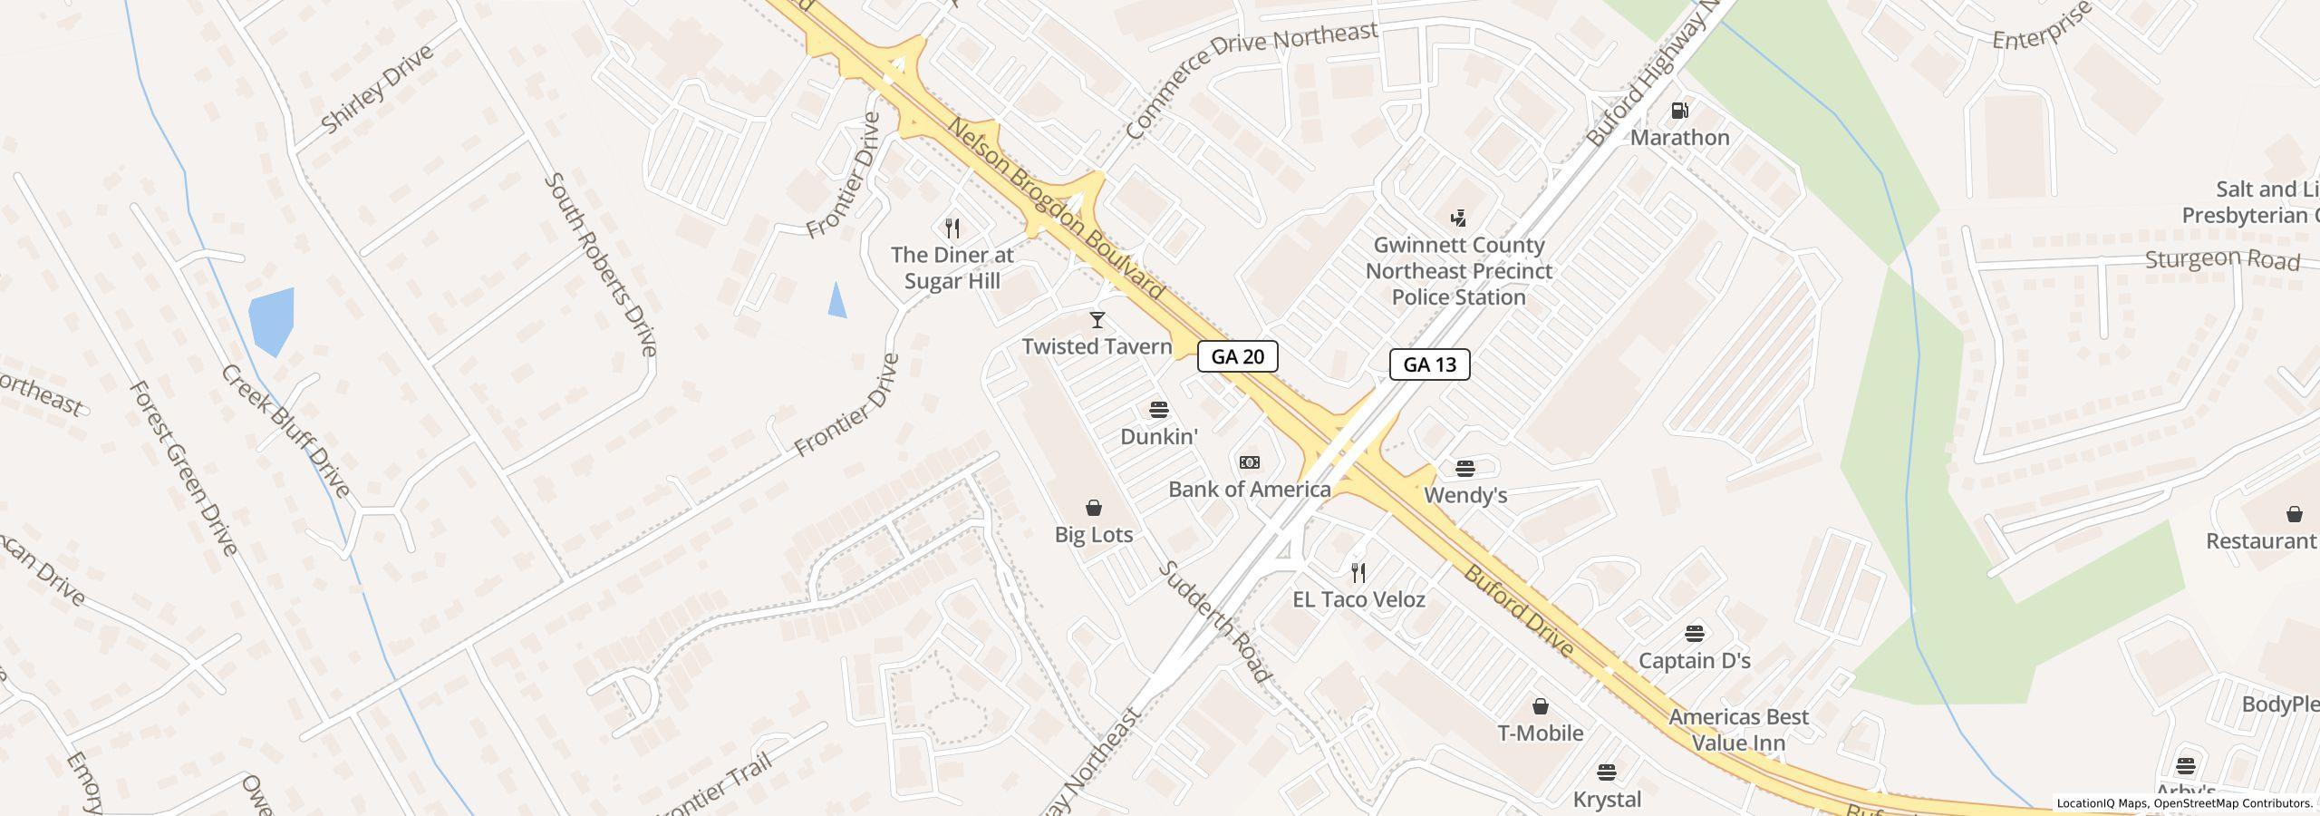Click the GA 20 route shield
click(1237, 356)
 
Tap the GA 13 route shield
click(1429, 364)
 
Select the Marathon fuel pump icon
click(1679, 111)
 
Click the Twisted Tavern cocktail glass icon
click(1097, 320)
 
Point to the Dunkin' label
click(1158, 437)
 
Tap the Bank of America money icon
click(1249, 462)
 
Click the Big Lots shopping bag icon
click(1094, 508)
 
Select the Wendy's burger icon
click(1465, 469)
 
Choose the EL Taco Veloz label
click(1358, 599)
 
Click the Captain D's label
click(1694, 661)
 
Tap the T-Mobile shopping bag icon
click(1540, 706)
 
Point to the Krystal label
click(1607, 800)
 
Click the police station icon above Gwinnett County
click(1458, 219)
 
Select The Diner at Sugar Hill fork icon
click(952, 228)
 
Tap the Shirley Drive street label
click(377, 89)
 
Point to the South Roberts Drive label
click(600, 264)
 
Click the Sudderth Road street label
click(1214, 621)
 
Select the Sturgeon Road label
click(2222, 260)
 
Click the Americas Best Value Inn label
click(1738, 730)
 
